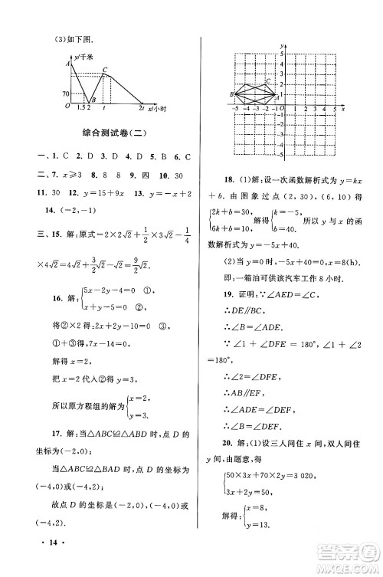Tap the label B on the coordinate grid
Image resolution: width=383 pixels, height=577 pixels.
(x=231, y=93)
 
